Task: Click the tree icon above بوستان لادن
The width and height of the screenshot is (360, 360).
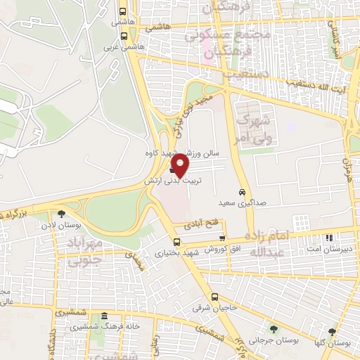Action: [62, 214]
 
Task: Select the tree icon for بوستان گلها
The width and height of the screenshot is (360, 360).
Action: [332, 332]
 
